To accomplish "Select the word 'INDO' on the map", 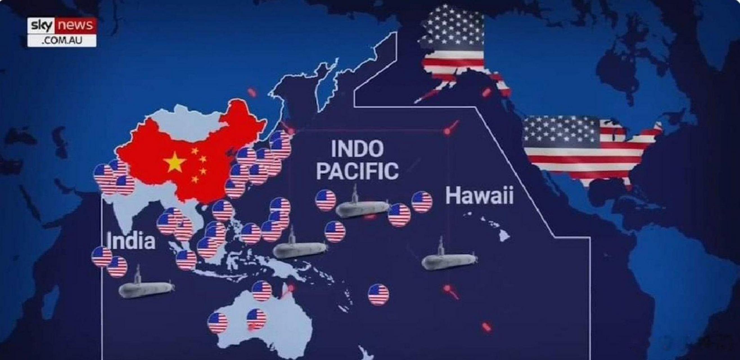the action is pos(357,149).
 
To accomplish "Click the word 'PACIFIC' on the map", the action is pos(357,171).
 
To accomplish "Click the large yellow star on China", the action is pos(174,162).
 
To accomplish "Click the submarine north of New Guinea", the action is pos(300,249).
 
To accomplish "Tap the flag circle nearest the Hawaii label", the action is pos(422,202).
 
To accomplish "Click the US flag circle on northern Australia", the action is pos(261,291).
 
